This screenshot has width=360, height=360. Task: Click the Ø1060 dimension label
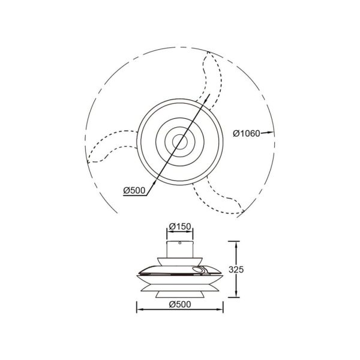click(x=246, y=133)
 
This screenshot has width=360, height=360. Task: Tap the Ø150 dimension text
click(x=180, y=226)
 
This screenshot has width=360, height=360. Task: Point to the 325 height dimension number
click(x=253, y=270)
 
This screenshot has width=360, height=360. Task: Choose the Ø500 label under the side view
click(x=180, y=304)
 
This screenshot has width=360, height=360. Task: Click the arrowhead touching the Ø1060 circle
click(x=271, y=133)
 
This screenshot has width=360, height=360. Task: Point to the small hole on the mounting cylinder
click(x=179, y=244)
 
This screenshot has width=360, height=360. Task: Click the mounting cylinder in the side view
click(x=180, y=247)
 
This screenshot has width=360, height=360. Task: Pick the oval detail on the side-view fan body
click(x=199, y=269)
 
